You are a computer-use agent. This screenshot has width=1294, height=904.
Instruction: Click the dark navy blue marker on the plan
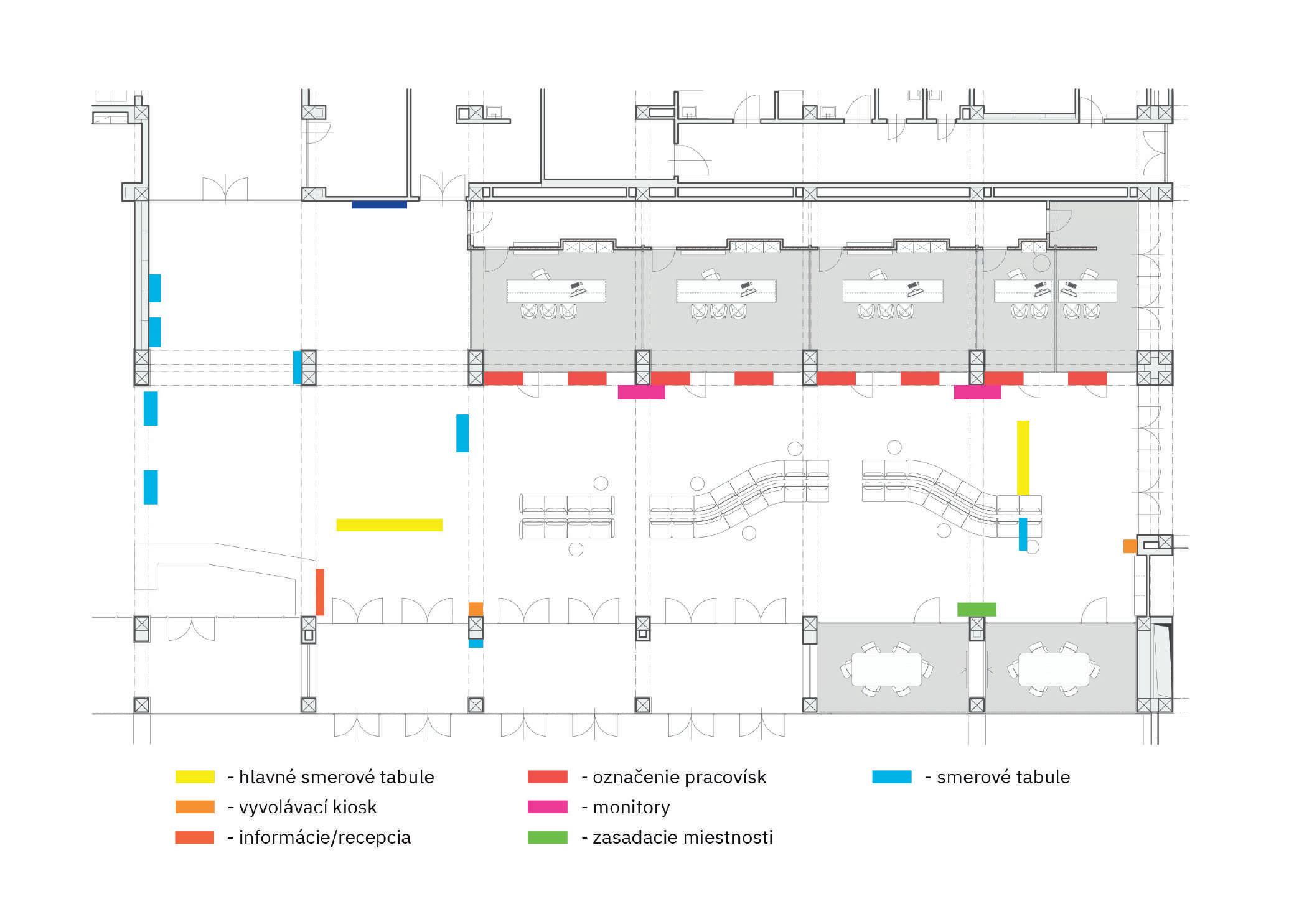[379, 204]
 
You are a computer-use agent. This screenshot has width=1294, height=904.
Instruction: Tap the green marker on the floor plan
[977, 609]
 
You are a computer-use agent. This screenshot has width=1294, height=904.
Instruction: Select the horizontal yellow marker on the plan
[389, 524]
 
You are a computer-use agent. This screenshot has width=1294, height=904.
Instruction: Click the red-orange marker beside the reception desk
[320, 592]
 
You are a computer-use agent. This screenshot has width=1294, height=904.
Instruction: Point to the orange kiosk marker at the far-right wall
[1130, 546]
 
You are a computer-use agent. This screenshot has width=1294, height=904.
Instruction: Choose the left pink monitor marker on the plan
[641, 392]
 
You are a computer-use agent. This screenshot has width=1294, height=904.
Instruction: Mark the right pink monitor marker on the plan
[977, 392]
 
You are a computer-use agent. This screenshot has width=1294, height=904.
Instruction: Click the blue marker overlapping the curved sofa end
[1023, 534]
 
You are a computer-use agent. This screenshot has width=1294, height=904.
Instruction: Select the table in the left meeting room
[886, 669]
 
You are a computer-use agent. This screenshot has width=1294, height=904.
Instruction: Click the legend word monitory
[631, 808]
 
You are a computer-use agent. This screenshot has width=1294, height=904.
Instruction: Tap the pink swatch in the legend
[547, 807]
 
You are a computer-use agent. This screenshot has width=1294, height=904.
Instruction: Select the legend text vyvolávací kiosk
[307, 808]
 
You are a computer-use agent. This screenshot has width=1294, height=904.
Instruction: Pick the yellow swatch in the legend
[195, 777]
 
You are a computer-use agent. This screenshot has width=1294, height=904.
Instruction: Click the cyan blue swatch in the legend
[891, 777]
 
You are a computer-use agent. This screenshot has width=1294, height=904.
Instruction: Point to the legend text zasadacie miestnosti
[682, 837]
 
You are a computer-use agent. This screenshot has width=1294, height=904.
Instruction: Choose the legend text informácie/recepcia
[324, 837]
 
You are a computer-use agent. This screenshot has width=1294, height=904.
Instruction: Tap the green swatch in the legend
[547, 837]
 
